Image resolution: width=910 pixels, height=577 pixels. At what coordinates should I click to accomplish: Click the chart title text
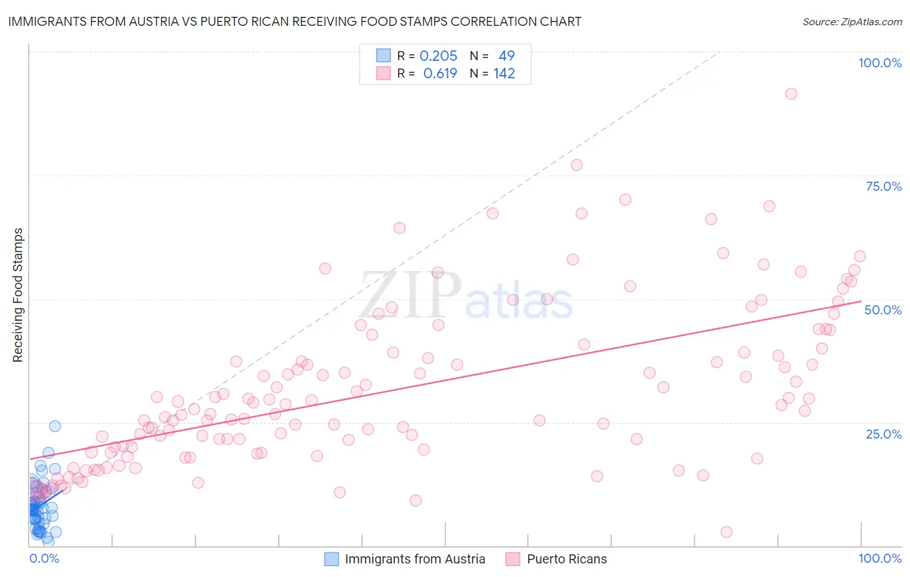coord(294,21)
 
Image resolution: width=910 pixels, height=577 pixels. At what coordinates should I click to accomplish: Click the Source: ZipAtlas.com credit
coord(852,21)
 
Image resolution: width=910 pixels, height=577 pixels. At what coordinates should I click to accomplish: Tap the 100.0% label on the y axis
coord(880,63)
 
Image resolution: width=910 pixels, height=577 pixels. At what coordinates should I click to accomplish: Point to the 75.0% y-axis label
coord(883,186)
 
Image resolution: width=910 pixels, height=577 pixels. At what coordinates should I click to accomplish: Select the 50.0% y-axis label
coord(883,310)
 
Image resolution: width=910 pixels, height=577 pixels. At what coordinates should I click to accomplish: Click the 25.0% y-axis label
coord(883,433)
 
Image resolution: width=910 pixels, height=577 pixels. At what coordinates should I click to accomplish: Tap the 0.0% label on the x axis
coord(44,558)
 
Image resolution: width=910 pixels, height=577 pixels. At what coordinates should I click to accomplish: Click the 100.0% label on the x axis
coord(880,558)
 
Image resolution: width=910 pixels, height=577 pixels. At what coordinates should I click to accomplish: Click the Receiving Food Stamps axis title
coord(17,295)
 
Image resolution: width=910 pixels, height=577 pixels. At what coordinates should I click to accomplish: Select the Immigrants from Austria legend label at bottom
coord(415,559)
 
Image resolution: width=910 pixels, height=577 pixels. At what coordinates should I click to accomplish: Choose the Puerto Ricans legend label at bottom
coord(567,559)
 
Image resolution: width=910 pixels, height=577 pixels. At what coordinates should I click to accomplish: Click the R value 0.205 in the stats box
coord(438,56)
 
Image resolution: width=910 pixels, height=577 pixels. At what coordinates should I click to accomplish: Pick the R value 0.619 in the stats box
coord(440,73)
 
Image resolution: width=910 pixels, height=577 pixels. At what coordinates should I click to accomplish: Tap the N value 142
coord(504,73)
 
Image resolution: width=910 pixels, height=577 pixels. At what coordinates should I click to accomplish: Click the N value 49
coord(506,56)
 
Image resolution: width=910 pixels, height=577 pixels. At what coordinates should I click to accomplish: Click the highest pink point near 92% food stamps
coord(791,94)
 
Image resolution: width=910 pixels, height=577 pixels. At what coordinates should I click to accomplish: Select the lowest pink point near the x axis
coord(726,532)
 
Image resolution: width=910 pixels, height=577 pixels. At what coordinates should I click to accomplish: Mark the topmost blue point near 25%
coord(55,426)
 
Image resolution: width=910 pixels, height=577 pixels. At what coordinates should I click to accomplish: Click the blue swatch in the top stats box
coord(384,56)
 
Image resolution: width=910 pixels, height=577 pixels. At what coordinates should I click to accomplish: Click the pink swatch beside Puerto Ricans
coord(513,559)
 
